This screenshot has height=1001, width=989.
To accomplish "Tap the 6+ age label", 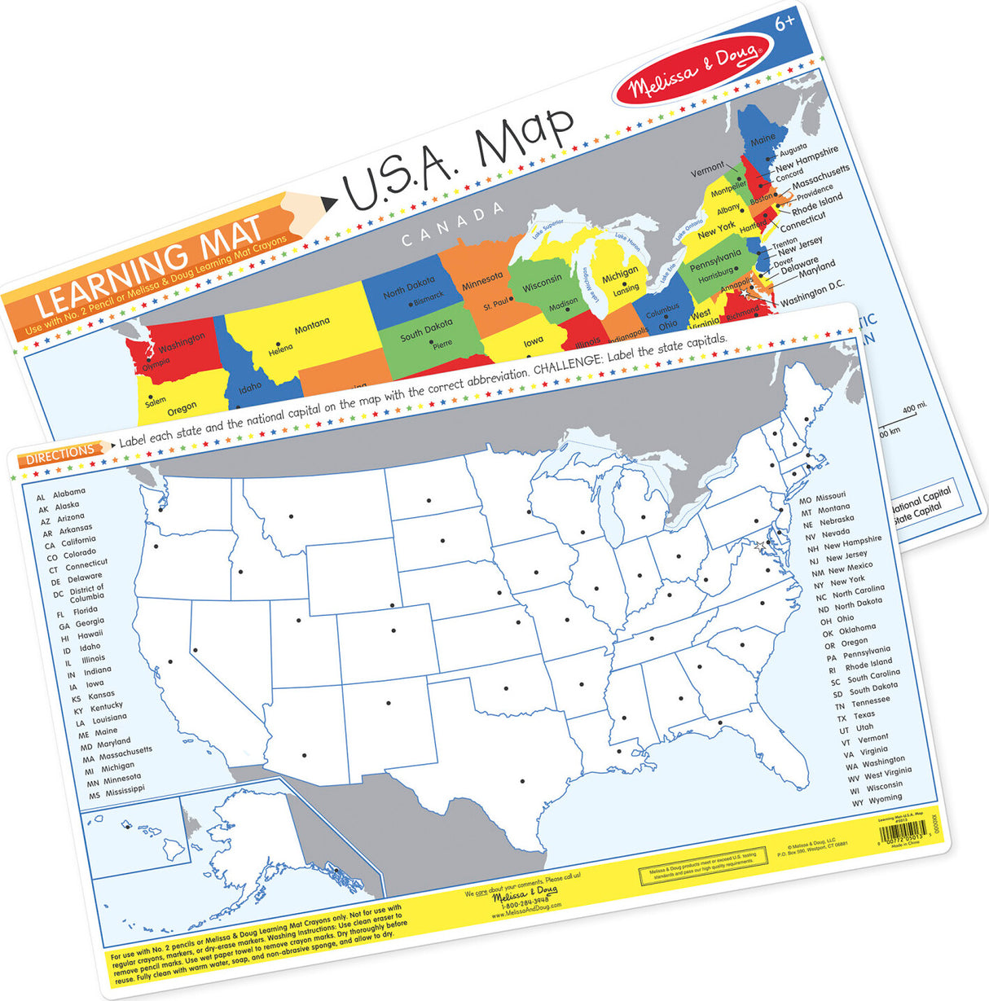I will pyautogui.click(x=784, y=24).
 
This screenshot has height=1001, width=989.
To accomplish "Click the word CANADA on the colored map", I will pyautogui.click(x=453, y=225).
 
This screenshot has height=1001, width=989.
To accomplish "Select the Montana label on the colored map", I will pyautogui.click(x=312, y=325).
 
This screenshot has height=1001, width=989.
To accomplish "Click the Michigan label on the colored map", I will pyautogui.click(x=620, y=275).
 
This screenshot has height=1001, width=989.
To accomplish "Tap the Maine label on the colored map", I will pyautogui.click(x=763, y=139).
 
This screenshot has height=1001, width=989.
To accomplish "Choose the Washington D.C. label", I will pyautogui.click(x=812, y=294).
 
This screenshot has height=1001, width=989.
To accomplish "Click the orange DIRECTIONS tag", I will pyautogui.click(x=61, y=454).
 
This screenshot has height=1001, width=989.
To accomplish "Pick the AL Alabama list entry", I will pyautogui.click(x=61, y=494).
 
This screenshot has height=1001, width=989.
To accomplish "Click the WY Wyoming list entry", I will pyautogui.click(x=877, y=801).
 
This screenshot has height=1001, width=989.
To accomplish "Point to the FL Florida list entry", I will pyautogui.click(x=78, y=612).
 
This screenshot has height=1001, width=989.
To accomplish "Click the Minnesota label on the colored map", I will pyautogui.click(x=482, y=280).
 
